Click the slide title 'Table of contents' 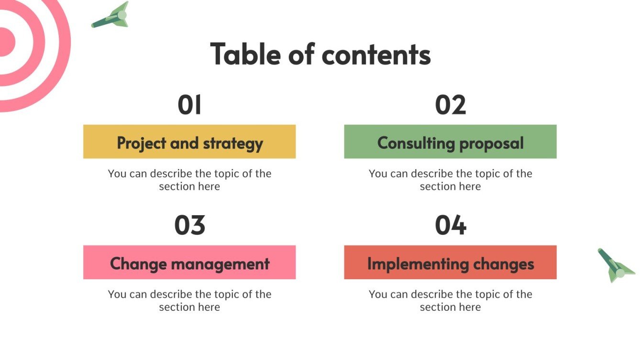320,54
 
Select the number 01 189,105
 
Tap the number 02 450,105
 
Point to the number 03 189,225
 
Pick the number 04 450,225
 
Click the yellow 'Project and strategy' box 189,142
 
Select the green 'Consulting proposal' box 450,142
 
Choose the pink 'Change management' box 189,262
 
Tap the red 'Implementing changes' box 450,262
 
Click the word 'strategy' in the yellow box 233,143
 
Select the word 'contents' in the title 376,54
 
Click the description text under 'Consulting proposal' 450,180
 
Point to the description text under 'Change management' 189,300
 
